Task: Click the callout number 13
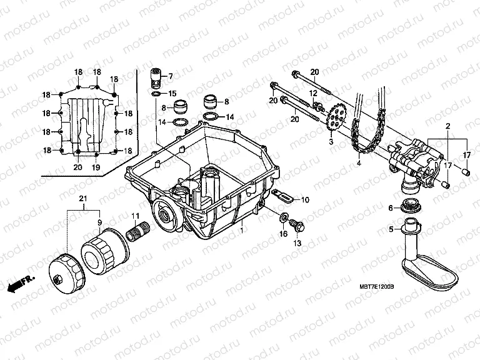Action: click(x=298, y=242)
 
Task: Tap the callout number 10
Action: click(x=305, y=200)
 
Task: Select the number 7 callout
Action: click(x=169, y=76)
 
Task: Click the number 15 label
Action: click(x=172, y=93)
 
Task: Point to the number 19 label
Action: click(x=96, y=167)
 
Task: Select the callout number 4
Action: click(x=359, y=164)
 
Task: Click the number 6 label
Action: click(x=391, y=207)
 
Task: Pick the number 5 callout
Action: click(x=391, y=229)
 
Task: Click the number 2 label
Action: click(x=447, y=127)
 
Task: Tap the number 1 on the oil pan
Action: click(x=242, y=231)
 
